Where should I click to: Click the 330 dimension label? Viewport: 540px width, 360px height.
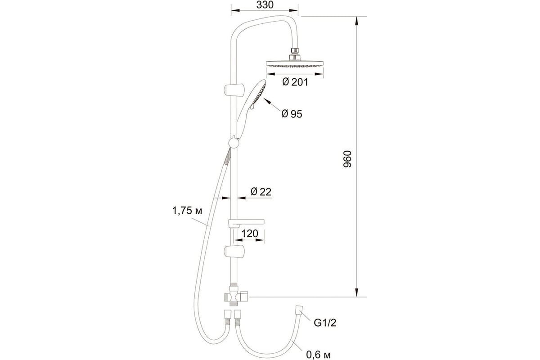pyautogui.click(x=265, y=5)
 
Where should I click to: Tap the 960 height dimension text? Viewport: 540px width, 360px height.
pyautogui.click(x=347, y=159)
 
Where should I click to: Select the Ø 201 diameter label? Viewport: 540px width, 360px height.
pyautogui.click(x=295, y=82)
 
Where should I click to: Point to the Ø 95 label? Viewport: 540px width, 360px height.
pyautogui.click(x=292, y=114)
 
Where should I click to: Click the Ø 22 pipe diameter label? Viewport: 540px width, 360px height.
pyautogui.click(x=261, y=192)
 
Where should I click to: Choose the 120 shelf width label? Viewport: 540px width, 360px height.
pyautogui.click(x=250, y=234)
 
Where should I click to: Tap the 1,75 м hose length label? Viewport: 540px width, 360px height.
pyautogui.click(x=187, y=211)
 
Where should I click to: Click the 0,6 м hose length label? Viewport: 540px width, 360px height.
pyautogui.click(x=319, y=355)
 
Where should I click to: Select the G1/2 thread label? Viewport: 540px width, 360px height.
pyautogui.click(x=325, y=323)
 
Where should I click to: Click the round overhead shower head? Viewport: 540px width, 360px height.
pyautogui.click(x=294, y=63)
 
